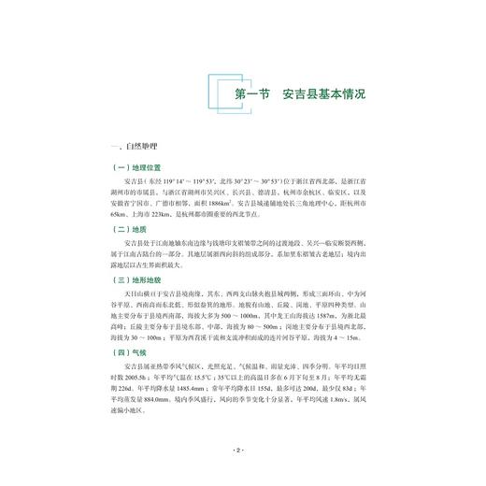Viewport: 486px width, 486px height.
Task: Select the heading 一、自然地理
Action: (136, 147)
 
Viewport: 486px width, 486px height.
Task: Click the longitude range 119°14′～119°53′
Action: (191, 182)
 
